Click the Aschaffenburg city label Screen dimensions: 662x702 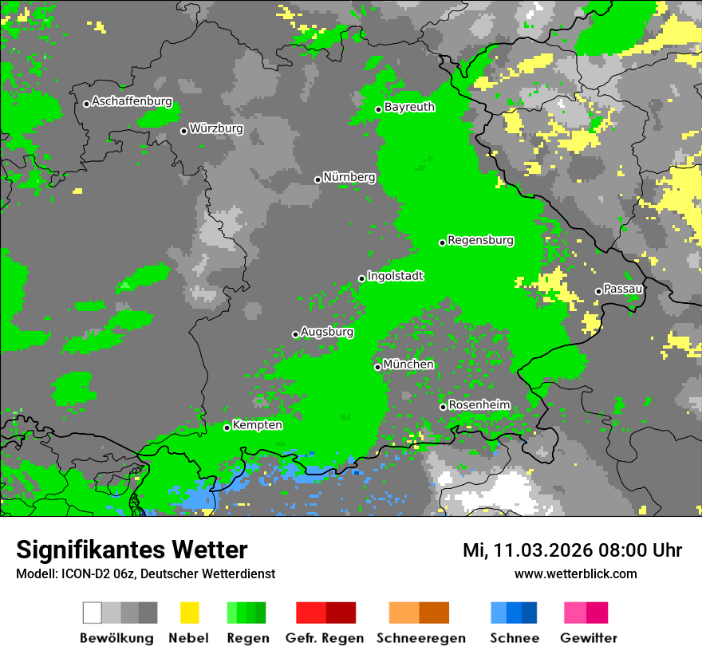(132, 102)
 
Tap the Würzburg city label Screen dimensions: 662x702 (216, 128)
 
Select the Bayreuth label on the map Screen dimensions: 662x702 (409, 107)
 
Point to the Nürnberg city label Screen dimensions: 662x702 (349, 178)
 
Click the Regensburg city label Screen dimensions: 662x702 (480, 240)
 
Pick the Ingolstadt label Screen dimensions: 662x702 (395, 276)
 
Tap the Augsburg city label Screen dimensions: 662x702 (327, 332)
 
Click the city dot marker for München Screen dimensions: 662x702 (378, 367)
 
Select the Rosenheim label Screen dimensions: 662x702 (479, 405)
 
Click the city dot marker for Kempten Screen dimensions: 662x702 (227, 428)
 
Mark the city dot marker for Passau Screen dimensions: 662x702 (598, 291)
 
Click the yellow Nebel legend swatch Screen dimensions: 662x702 (189, 613)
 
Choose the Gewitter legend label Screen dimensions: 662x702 (588, 638)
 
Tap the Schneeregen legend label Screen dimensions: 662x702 (420, 638)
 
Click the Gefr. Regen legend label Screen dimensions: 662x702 (325, 638)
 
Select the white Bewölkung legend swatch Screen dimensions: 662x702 (93, 613)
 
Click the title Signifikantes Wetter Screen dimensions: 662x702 (132, 550)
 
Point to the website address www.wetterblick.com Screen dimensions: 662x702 (575, 574)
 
